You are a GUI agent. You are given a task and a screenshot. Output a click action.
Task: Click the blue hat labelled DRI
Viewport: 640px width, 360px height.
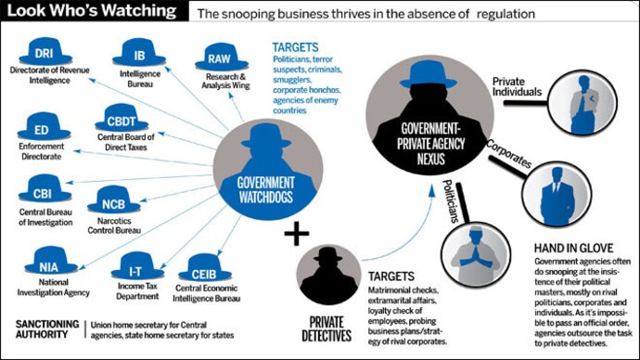tap(44, 54)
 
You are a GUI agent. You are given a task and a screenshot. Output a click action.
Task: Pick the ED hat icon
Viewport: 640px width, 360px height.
tap(40, 130)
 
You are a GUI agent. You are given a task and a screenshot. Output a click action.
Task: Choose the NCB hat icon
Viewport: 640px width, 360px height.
tap(113, 199)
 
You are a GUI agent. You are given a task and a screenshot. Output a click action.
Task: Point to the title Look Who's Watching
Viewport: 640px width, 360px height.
tap(90, 12)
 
